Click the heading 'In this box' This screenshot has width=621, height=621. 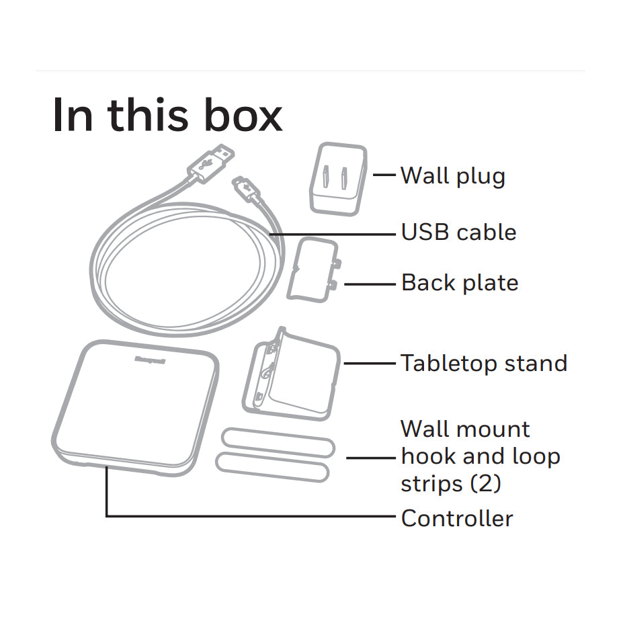click(167, 115)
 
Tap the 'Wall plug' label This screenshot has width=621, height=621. click(453, 175)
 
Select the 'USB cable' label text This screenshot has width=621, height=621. click(458, 232)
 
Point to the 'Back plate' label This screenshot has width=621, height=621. click(460, 282)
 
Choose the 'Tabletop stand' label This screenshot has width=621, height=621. click(484, 363)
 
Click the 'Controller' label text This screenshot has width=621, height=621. click(457, 518)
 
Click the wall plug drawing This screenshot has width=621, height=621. click(338, 179)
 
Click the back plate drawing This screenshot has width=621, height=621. click(313, 270)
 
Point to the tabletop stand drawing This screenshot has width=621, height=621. click(291, 374)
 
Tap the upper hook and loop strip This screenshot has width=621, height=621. click(278, 442)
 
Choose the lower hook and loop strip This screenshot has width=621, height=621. click(273, 467)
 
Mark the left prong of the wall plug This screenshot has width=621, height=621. click(326, 177)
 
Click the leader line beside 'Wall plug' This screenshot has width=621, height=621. click(384, 174)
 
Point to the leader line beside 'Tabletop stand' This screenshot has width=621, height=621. click(370, 363)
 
